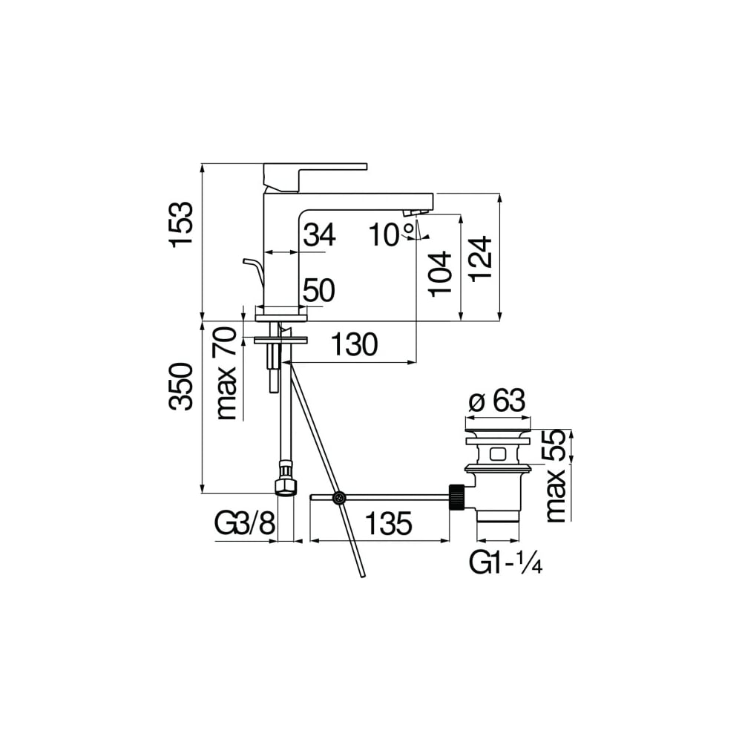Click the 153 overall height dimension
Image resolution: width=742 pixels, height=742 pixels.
tap(182, 223)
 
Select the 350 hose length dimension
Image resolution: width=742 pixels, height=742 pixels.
tap(182, 387)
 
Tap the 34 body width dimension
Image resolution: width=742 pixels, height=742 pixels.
tap(319, 234)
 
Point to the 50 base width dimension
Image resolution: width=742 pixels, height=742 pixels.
tap(319, 290)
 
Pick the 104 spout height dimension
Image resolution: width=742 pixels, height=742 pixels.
tap(440, 274)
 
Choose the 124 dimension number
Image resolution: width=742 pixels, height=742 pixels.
tap(482, 258)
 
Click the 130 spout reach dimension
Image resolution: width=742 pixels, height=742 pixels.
tap(354, 344)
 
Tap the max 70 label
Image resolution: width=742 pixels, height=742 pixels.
tap(226, 373)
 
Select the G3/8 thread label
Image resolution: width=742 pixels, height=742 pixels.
tap(245, 524)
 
